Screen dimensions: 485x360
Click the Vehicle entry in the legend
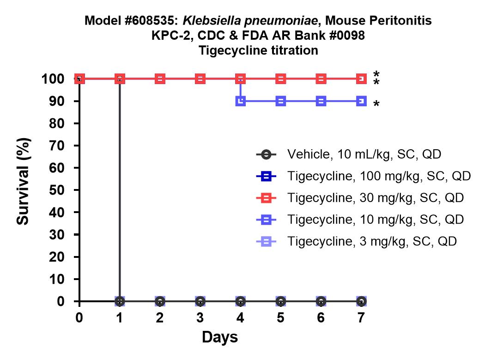click(349, 154)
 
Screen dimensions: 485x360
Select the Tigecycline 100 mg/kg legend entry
click(364, 176)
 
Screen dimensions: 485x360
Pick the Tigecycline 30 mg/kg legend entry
click(360, 198)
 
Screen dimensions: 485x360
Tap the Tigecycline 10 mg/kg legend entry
click(360, 220)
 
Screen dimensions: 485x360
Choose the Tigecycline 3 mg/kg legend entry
click(356, 241)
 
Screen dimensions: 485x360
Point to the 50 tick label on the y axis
click(57, 190)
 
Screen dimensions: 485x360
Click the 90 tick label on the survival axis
click(57, 101)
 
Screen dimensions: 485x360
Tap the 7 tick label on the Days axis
click(361, 317)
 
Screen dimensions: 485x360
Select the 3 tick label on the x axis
click(200, 317)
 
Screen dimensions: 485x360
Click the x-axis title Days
click(220, 337)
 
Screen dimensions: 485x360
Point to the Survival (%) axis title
click(23, 181)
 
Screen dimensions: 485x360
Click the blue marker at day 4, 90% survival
click(241, 101)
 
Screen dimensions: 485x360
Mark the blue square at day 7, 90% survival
click(361, 101)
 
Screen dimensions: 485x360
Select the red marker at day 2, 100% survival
click(160, 79)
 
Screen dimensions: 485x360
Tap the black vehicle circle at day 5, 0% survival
click(280, 301)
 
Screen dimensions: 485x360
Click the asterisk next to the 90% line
click(376, 104)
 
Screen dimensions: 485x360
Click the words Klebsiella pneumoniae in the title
click(250, 21)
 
